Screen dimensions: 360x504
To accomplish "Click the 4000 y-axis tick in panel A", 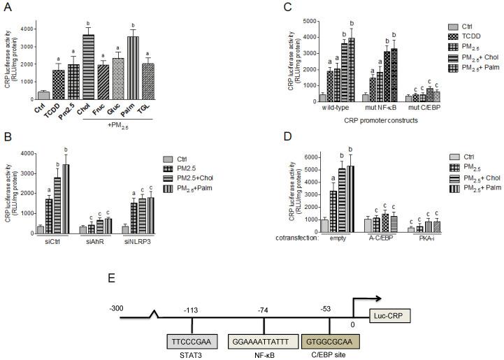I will (26, 29).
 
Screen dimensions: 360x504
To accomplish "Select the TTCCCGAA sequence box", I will (191, 322).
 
